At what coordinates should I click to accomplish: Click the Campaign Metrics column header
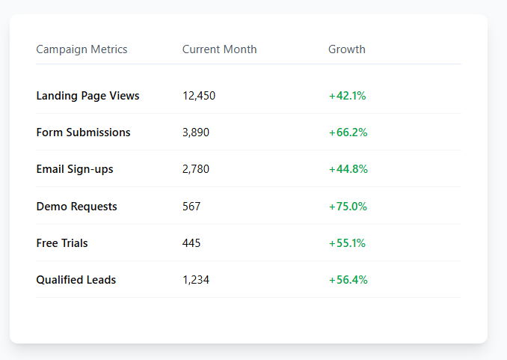click(82, 49)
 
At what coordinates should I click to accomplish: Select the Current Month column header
click(219, 49)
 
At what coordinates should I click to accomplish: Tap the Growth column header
click(347, 49)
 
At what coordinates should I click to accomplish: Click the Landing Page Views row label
click(87, 96)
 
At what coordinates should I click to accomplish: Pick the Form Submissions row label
click(83, 132)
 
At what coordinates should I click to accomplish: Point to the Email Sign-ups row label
click(75, 169)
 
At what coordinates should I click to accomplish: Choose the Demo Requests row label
click(76, 207)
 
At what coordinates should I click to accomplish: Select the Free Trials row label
click(62, 243)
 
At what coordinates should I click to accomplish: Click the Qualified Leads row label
click(76, 280)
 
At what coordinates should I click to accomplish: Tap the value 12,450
click(199, 96)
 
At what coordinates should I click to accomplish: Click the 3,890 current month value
click(196, 132)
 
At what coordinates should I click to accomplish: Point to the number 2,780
click(196, 169)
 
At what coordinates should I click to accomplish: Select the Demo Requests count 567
click(191, 207)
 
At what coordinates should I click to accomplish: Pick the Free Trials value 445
click(191, 243)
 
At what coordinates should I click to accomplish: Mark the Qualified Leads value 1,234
click(196, 280)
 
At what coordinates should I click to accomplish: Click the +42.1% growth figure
click(347, 96)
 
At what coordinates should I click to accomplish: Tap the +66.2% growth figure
click(348, 132)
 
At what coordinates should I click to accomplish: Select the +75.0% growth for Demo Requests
click(348, 207)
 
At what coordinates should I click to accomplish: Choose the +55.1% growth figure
click(347, 243)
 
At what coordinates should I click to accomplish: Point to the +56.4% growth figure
click(348, 280)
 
